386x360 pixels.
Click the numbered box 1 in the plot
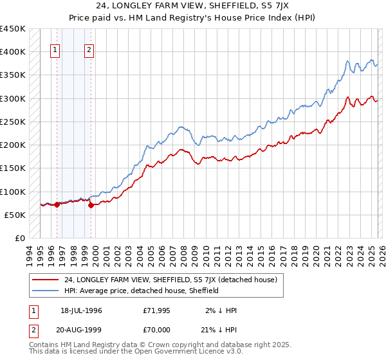tap(55, 51)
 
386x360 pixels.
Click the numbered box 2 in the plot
tap(89, 51)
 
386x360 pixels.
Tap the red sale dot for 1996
tap(57, 205)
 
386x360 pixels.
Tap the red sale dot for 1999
tap(91, 206)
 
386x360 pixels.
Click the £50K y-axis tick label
tap(15, 215)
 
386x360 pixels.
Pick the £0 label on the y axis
tap(21, 238)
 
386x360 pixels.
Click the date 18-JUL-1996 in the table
tap(81, 310)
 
